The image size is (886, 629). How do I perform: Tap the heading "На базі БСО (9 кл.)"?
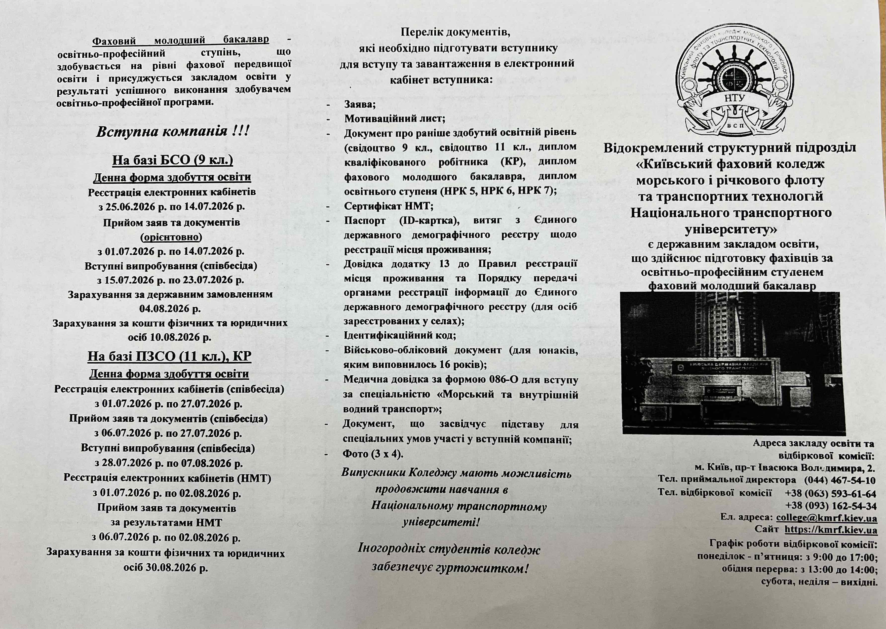(x=173, y=160)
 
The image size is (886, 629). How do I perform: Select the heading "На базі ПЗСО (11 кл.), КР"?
(x=170, y=356)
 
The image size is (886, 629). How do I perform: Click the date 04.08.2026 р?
(x=170, y=309)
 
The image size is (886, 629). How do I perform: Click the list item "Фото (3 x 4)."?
(x=373, y=454)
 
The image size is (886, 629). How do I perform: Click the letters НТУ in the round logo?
(x=734, y=98)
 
